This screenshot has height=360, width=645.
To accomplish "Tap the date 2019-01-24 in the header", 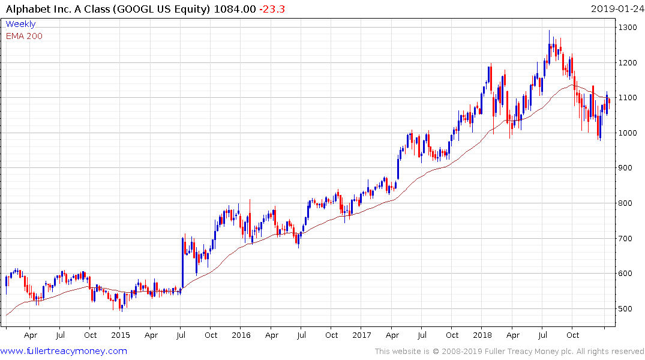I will pos(616,9).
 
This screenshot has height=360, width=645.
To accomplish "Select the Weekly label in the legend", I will pos(20,24).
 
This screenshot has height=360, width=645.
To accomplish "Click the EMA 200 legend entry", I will pos(24,36).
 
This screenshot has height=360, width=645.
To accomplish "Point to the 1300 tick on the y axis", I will pos(628,28).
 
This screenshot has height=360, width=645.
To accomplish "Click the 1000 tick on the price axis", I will pos(628,133).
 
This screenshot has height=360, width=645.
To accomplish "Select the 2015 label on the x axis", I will pos(120,335).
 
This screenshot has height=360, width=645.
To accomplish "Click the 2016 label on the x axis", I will pos(241,335).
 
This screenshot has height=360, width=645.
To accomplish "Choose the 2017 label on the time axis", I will pos(362,335).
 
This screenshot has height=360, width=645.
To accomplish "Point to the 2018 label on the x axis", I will pos(482,335).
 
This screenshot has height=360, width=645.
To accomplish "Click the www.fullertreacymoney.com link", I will pos(64,351).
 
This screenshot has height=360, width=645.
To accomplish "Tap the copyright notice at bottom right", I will pos(509,351).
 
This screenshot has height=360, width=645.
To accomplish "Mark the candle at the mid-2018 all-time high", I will pos(549,45).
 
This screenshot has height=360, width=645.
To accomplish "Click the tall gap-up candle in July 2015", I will pos(182,261).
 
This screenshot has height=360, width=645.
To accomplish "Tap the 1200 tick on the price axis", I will pos(628,62).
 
